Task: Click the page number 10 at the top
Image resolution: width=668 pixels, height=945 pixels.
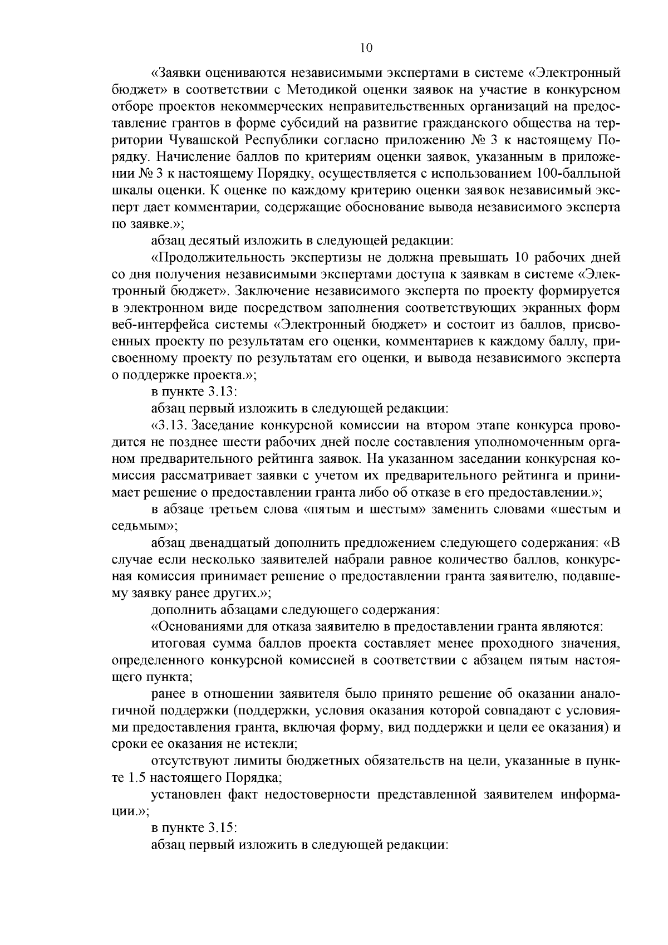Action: coord(366,48)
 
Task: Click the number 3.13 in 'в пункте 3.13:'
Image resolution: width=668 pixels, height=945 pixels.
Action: coord(224,391)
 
